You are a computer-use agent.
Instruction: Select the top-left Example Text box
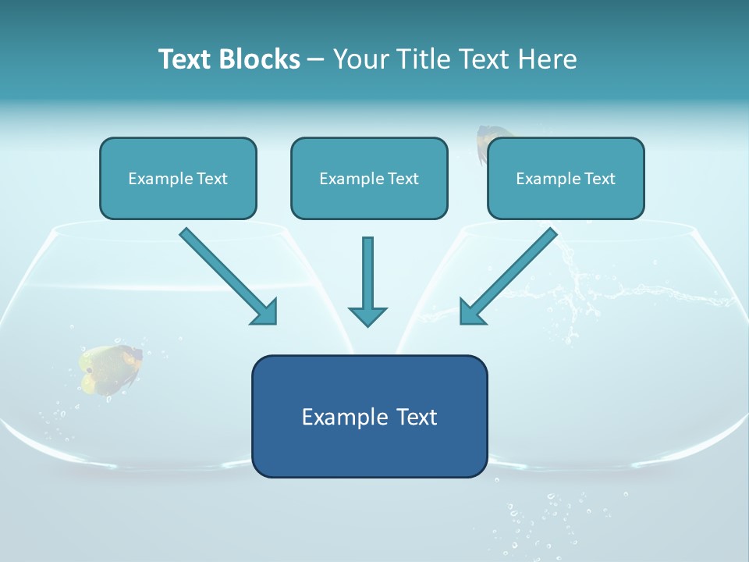(178, 178)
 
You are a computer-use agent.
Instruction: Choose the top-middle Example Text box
(369, 178)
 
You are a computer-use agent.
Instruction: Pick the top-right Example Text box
(566, 178)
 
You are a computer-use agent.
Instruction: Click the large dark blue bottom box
(369, 416)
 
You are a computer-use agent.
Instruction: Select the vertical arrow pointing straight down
(367, 281)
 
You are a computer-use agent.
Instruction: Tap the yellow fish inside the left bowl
(111, 368)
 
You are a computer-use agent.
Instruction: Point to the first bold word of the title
(188, 59)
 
